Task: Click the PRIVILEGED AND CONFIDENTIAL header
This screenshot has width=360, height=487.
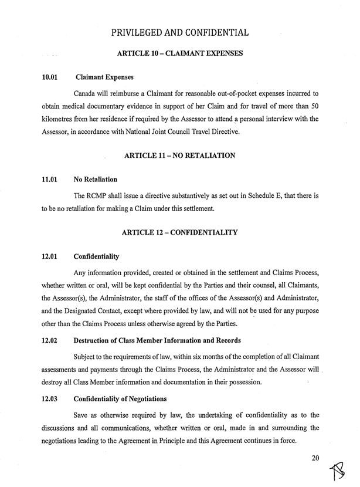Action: coord(180,32)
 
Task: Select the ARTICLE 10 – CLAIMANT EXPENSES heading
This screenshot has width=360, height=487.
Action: coord(180,53)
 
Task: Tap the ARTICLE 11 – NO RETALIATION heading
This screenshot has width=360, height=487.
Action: coord(180,155)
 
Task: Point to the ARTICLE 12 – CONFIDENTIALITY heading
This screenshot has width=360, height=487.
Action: coord(179,233)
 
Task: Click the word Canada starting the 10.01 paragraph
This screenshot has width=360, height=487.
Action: coord(86,93)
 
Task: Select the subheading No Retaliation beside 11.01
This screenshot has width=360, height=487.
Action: coord(96,179)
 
